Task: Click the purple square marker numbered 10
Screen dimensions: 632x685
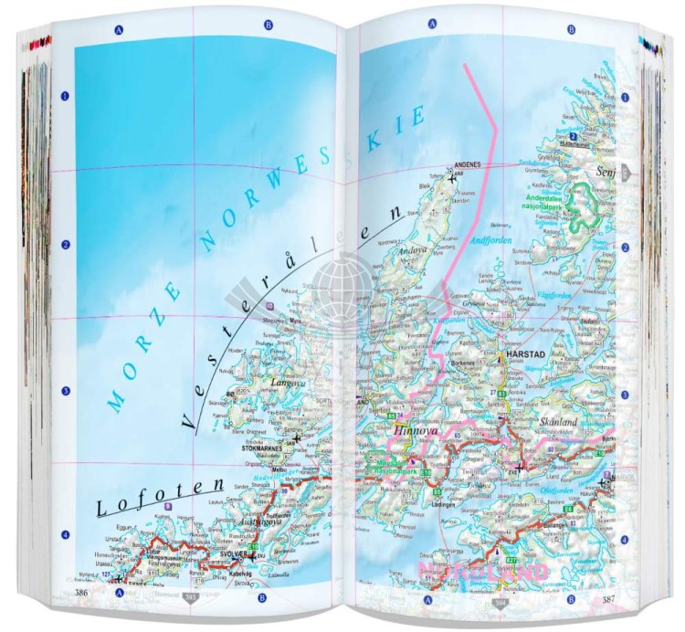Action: coord(269,306)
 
